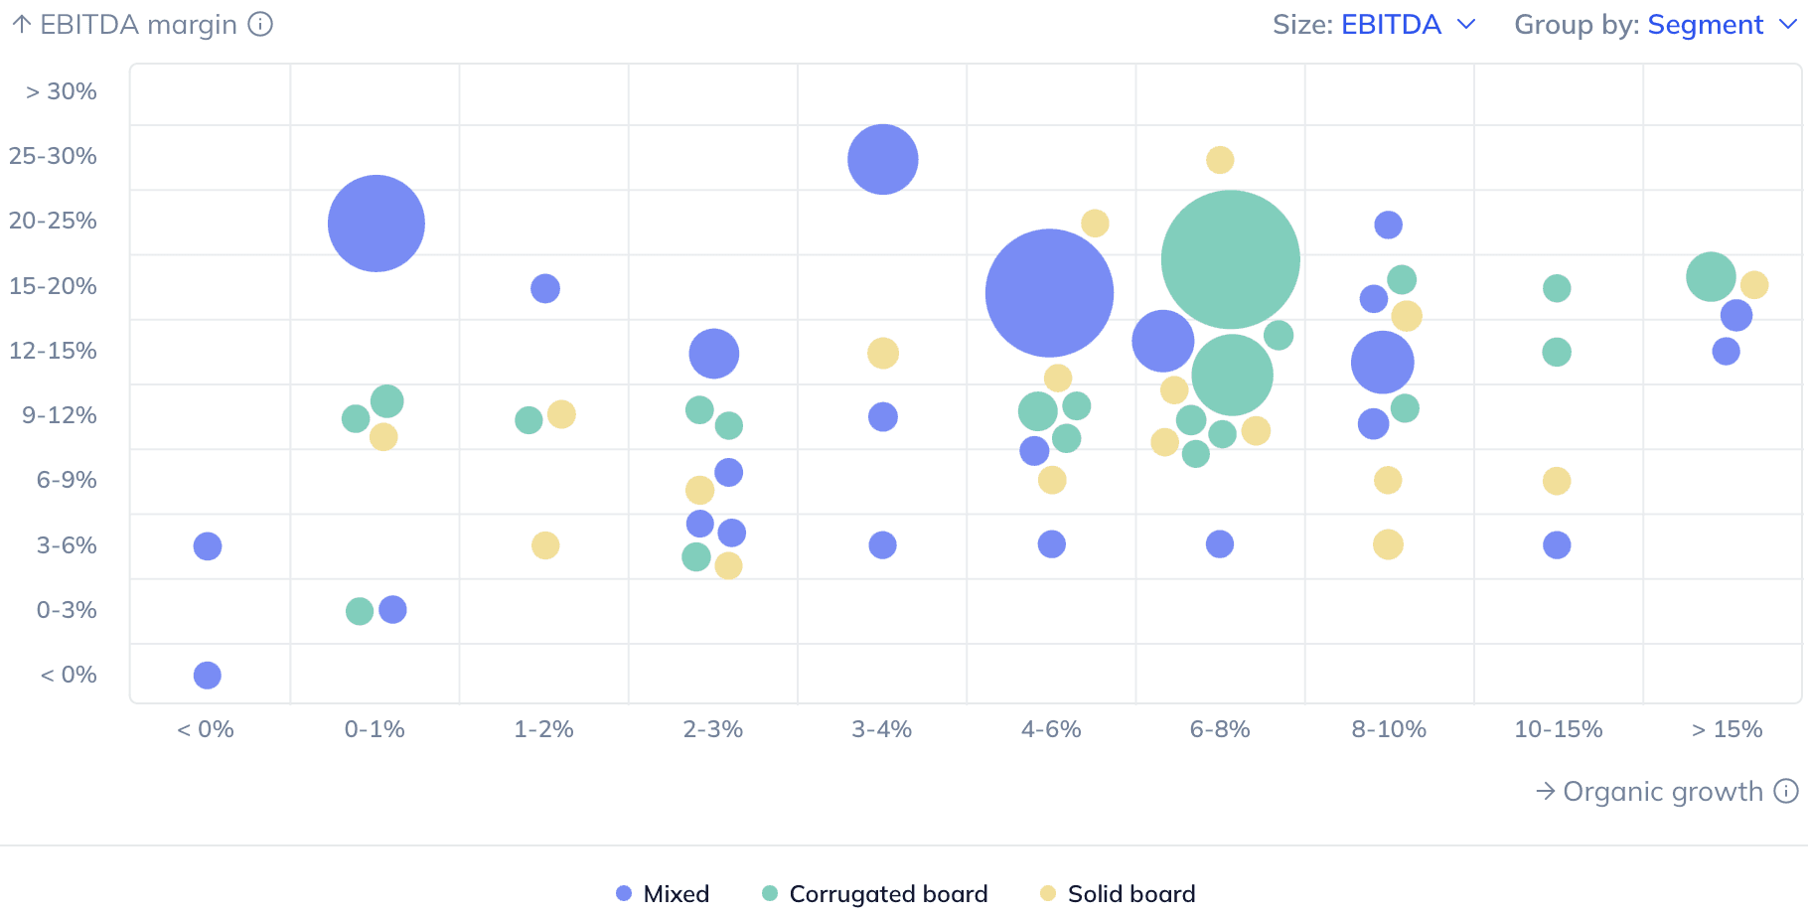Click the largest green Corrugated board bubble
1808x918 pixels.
tap(1230, 259)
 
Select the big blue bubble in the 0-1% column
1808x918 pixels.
tap(377, 224)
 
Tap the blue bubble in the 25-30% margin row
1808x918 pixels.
tap(882, 159)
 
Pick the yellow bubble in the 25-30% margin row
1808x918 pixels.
tap(1220, 159)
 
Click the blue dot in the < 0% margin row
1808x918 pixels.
tap(207, 676)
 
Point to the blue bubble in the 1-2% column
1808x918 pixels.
tap(545, 288)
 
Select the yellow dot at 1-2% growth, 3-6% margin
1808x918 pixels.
tap(545, 545)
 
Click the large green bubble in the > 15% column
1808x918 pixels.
tap(1711, 276)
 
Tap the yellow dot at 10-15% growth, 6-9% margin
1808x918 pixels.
tap(1557, 481)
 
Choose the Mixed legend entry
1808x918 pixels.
tap(663, 893)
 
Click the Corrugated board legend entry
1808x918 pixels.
tap(875, 893)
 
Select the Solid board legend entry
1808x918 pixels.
tap(1118, 893)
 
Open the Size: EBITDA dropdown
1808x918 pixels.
tap(1375, 25)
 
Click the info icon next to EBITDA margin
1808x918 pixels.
tap(260, 24)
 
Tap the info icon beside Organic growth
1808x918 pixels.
tap(1786, 791)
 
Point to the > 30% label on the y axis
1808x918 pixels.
tap(62, 91)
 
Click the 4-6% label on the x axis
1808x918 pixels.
tap(1051, 729)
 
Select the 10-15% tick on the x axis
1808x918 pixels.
tap(1558, 729)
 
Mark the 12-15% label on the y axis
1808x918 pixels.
tap(54, 351)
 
